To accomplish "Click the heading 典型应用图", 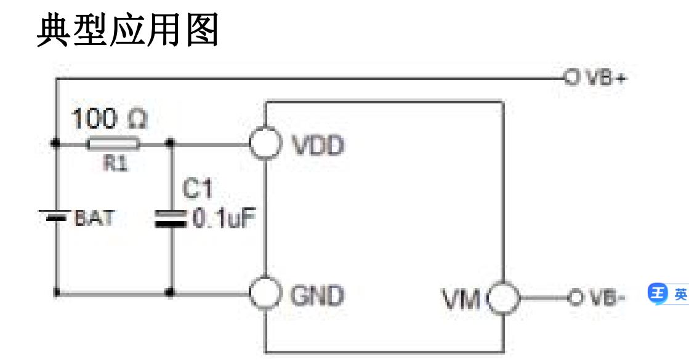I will tap(128, 31).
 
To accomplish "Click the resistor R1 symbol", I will tap(114, 145).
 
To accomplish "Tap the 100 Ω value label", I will tap(110, 119).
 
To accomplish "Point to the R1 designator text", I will tap(114, 164).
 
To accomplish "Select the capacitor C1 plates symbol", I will tap(171, 218).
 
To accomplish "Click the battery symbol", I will tap(55, 216).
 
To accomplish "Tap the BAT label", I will tap(94, 218).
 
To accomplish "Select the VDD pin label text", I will tap(317, 146).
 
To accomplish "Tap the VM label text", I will tap(462, 299).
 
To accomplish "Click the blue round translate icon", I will tap(658, 294).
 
